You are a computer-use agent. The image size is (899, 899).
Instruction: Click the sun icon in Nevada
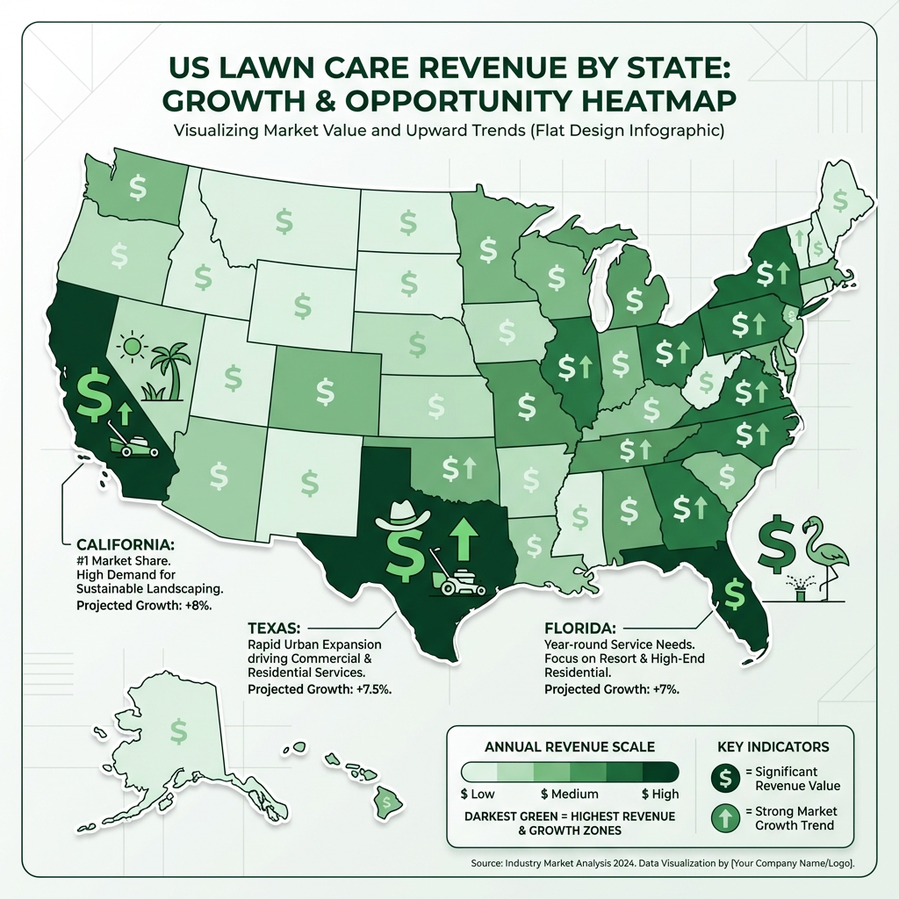tap(132, 348)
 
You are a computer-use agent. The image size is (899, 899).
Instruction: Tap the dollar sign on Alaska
tap(178, 730)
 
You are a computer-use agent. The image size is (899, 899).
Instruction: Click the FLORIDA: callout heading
tap(579, 629)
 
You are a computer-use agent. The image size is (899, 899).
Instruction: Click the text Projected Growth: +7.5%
tap(320, 689)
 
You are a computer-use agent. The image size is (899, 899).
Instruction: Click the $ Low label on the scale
tap(478, 795)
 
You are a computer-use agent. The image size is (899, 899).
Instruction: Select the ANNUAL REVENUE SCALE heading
tap(570, 747)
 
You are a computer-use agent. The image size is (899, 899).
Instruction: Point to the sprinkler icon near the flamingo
tap(798, 591)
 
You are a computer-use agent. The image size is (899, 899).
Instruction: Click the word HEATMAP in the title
tap(651, 99)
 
